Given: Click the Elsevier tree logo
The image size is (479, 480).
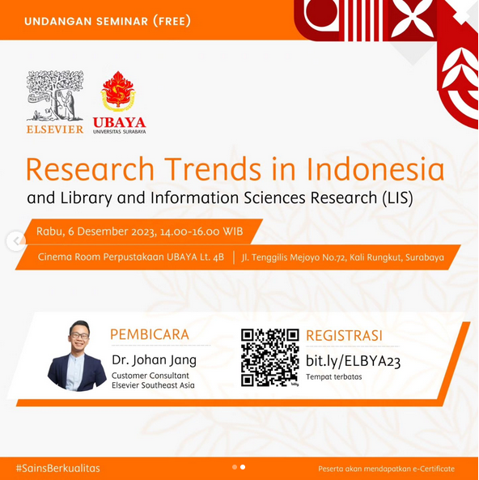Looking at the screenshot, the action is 55,96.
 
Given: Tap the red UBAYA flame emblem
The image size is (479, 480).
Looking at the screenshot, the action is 118,91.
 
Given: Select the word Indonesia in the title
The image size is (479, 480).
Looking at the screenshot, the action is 375,169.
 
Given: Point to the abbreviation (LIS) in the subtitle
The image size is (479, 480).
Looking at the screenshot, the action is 397,198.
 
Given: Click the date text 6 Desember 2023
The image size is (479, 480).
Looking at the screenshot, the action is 112,232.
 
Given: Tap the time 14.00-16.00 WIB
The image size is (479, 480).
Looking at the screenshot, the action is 201,232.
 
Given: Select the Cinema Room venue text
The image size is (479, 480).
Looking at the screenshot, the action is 131,257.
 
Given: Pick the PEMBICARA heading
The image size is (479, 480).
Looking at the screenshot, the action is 150,334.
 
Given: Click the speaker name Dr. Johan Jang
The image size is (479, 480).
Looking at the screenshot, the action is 154,360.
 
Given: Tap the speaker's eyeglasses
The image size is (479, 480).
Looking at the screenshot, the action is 79,335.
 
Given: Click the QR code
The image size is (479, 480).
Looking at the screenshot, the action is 269,357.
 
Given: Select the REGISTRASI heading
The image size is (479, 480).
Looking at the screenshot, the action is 344,335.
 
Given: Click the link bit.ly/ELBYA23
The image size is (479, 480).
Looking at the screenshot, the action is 353,361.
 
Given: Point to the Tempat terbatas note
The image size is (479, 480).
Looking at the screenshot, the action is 334,377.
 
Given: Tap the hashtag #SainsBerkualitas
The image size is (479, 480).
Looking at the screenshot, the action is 58,468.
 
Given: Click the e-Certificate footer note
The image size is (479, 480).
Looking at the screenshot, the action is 386,469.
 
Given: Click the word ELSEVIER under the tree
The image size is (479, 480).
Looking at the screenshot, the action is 55,130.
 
